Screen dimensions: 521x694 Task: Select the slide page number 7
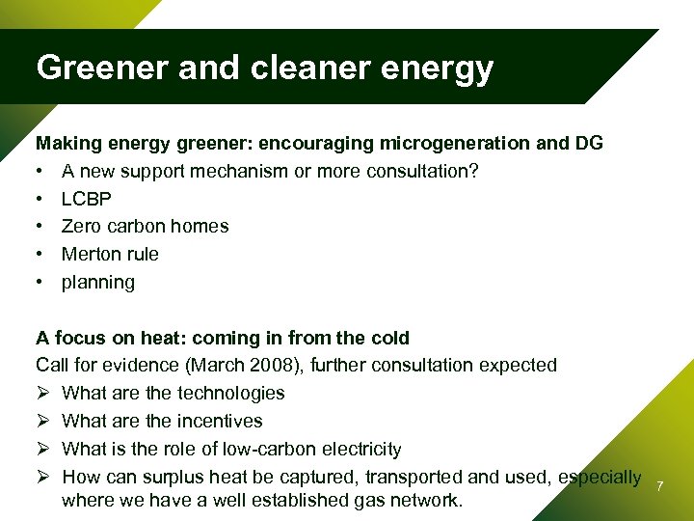659,485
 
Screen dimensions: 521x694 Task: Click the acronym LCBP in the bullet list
87,199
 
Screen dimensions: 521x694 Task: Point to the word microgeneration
450,143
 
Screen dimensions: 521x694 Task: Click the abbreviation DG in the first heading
590,143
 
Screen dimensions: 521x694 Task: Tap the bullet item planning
98,283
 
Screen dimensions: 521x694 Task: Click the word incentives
219,422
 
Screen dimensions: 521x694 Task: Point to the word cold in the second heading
390,339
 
